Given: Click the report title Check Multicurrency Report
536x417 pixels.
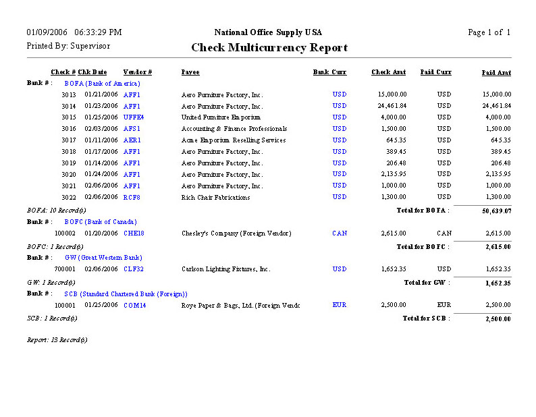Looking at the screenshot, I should [269, 48].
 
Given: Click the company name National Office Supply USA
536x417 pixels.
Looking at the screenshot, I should [268, 32].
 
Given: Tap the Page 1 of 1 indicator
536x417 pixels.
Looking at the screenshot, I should [489, 32].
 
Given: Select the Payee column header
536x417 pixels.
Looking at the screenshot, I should [190, 72].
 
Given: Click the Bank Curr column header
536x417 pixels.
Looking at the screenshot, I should [329, 72].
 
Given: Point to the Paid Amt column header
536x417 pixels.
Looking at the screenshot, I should [496, 72].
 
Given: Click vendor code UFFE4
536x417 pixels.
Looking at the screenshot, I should [134, 117].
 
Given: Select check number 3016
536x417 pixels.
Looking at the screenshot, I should [69, 129].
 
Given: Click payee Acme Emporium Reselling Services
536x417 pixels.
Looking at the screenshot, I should [234, 140].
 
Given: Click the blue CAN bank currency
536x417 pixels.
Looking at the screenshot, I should [340, 233].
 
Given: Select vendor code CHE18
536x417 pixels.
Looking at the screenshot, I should [134, 233].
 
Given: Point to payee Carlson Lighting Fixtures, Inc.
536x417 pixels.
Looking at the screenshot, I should [225, 269].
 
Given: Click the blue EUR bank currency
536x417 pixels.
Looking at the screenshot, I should [340, 305].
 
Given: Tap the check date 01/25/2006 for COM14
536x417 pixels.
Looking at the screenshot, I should [101, 305].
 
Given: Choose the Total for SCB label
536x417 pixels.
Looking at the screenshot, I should [425, 318].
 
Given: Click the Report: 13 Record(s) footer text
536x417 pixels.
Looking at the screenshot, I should [57, 339].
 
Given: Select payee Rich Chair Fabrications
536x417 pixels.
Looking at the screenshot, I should [215, 198].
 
